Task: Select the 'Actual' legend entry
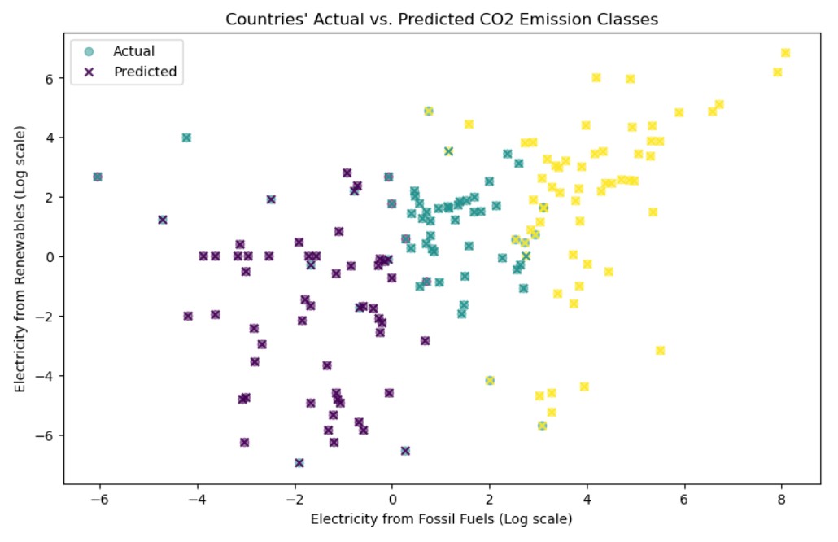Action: coord(133,51)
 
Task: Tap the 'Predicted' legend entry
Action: coord(145,72)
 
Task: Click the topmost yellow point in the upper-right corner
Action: coord(785,53)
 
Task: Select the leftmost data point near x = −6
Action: coord(98,177)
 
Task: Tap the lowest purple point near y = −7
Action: coord(299,463)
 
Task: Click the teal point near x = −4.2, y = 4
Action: coord(186,138)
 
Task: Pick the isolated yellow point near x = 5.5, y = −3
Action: coord(660,350)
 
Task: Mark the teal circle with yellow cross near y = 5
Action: coord(429,111)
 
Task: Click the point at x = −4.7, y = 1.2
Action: coord(163,220)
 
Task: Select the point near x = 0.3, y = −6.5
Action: coord(405,451)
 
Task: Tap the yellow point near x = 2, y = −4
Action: coord(490,380)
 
